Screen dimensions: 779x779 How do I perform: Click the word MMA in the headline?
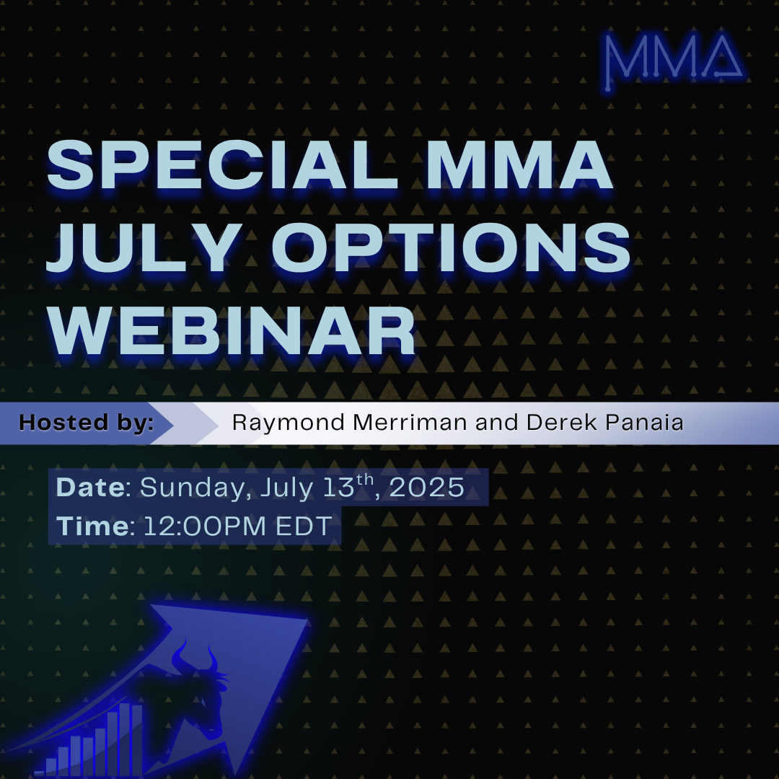pos(519,164)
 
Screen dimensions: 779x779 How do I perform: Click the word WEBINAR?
pos(232,330)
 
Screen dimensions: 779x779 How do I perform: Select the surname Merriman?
pos(410,423)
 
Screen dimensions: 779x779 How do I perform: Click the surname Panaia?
pos(645,423)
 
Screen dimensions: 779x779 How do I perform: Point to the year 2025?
pos(427,488)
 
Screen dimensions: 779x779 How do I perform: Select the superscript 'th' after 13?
pos(365,480)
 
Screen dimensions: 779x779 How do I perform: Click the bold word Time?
pos(93,526)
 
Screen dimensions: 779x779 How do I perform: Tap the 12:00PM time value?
pos(205,526)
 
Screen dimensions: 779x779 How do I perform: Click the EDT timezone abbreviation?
pos(304,526)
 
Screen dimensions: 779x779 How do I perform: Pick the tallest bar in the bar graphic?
pos(125,739)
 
